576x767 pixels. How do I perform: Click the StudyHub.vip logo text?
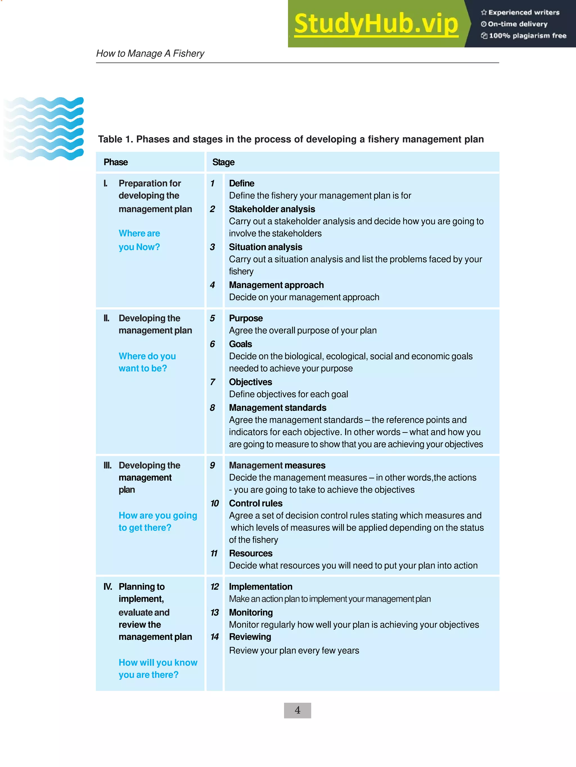376,24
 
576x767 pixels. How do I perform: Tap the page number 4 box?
297,710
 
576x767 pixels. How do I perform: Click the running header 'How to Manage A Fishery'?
150,53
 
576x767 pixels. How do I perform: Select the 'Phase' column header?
116,162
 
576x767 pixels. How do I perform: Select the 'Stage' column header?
223,162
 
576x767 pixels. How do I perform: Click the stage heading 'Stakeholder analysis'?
272,209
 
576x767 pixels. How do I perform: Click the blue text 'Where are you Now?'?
139,240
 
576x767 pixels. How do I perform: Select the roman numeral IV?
108,587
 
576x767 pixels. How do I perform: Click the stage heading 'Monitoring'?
251,612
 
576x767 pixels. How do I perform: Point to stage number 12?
215,587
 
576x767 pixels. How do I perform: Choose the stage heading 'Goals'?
240,344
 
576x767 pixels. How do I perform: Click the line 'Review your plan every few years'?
294,650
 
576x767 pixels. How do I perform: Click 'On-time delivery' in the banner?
517,24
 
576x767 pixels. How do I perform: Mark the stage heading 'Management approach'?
276,285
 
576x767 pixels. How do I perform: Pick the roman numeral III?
108,465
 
